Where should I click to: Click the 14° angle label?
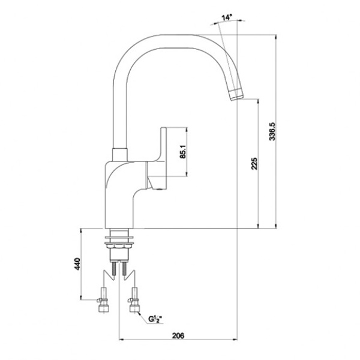[227, 17]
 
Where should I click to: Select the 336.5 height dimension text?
[272, 131]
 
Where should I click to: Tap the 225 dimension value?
[254, 164]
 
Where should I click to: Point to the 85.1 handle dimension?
[183, 152]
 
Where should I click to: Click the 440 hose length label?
[77, 264]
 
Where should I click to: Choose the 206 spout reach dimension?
[178, 335]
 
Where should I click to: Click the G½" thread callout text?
[155, 319]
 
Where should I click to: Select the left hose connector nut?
[103, 308]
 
